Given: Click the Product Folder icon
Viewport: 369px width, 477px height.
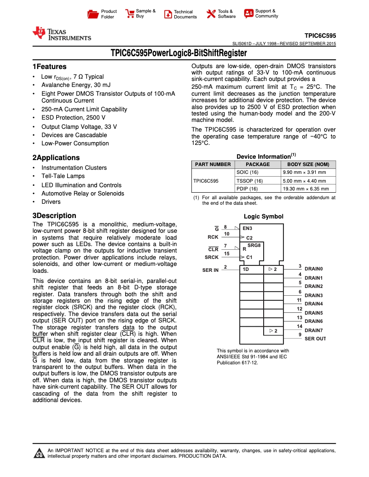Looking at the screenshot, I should (x=93, y=14).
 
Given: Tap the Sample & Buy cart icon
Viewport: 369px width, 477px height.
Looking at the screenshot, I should (x=130, y=14).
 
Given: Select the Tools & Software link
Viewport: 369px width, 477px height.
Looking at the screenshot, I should (x=226, y=14).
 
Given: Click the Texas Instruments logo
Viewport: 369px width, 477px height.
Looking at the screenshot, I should (x=62, y=34).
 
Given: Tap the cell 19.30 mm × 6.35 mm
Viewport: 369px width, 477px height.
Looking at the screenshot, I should (x=306, y=189).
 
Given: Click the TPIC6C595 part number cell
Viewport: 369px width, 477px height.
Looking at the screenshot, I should (x=206, y=181).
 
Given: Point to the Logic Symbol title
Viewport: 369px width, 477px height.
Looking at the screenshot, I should (x=263, y=217).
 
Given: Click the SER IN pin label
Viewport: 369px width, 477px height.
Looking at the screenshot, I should (x=210, y=270).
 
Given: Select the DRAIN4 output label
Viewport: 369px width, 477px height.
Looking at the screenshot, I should (x=314, y=304).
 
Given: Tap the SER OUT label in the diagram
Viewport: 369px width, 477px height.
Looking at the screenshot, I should (x=315, y=339).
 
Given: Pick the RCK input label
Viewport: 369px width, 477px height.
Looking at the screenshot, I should (x=213, y=237).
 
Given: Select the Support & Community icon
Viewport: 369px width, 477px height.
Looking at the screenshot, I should (x=248, y=14).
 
